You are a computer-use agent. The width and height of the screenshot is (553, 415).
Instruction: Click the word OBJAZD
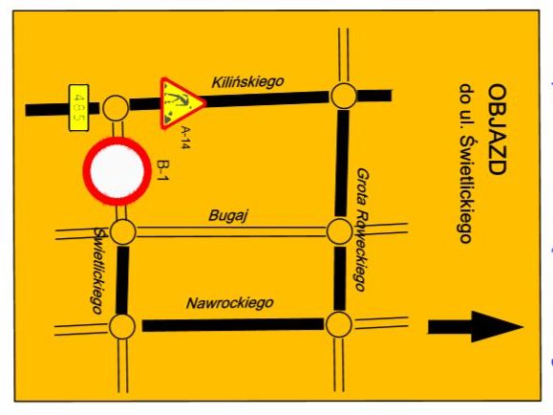point(498,129)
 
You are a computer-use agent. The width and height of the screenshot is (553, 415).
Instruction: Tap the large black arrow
point(476,327)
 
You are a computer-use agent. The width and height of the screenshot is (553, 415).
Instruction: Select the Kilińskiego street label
point(247,82)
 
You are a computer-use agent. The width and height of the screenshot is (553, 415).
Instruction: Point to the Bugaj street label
point(228,215)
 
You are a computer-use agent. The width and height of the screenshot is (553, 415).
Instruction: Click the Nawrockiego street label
point(229,303)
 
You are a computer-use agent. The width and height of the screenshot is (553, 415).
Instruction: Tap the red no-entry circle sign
point(117,171)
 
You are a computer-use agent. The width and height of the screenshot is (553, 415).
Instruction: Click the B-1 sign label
point(163,170)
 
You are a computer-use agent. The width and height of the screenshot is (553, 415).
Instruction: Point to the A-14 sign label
point(185,138)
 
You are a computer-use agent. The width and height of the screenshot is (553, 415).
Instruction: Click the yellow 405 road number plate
point(78,108)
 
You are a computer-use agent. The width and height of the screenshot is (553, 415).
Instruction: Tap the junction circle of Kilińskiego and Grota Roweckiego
point(344,96)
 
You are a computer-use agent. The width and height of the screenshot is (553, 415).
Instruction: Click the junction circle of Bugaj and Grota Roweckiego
point(339,231)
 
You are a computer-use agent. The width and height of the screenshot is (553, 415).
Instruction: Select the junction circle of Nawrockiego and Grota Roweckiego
point(338,324)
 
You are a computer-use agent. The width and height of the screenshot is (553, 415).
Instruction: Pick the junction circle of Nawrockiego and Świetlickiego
point(122,326)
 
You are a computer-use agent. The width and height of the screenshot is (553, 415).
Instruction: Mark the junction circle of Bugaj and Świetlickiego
point(123,232)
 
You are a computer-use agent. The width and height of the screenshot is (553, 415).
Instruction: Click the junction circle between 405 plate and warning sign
point(116,108)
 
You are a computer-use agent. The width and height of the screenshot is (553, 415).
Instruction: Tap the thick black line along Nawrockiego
point(233,325)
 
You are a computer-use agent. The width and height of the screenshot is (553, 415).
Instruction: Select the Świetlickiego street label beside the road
point(98,271)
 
